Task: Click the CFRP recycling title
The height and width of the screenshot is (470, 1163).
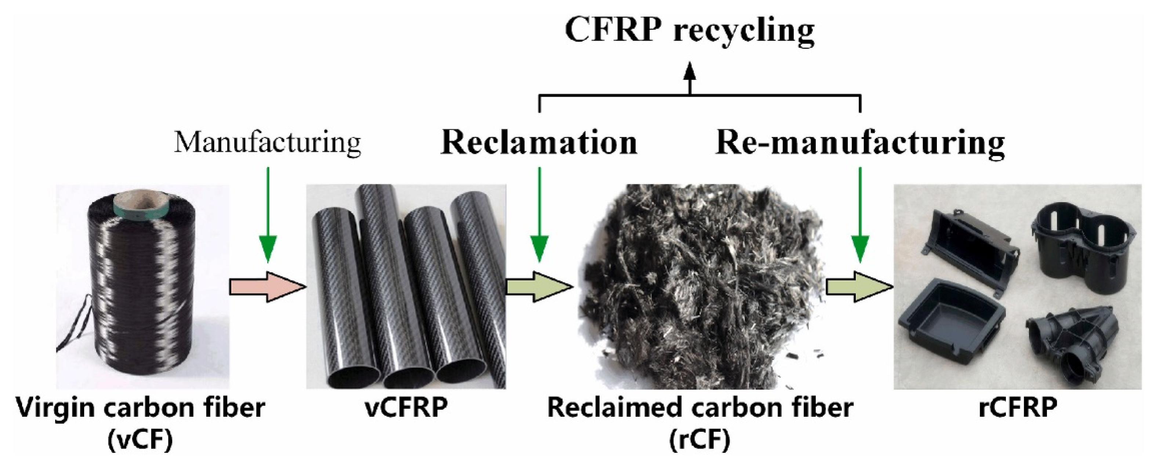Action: (x=690, y=31)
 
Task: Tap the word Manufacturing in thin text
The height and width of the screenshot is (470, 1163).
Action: (x=267, y=143)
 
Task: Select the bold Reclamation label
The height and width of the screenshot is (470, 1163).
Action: (x=539, y=143)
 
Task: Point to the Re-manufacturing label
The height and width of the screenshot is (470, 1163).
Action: (x=860, y=143)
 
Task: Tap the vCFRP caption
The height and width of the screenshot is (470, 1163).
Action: (x=406, y=408)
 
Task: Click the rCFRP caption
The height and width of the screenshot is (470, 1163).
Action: (x=1018, y=408)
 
